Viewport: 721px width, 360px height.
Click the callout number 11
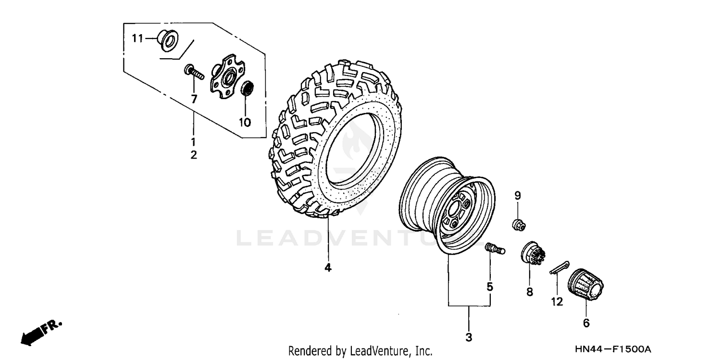pos(137,38)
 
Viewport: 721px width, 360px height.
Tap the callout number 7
pos(194,99)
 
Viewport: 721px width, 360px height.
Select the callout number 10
pos(245,123)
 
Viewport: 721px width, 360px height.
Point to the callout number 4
pos(328,268)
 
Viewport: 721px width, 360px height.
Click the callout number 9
pos(518,196)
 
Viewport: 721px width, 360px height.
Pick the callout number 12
pos(557,302)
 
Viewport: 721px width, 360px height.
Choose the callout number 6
pos(586,323)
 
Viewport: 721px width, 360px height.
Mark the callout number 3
pos(469,337)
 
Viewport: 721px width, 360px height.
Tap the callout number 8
pos(530,292)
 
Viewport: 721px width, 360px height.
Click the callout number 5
pos(490,287)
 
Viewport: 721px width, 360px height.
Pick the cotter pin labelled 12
pos(559,267)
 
